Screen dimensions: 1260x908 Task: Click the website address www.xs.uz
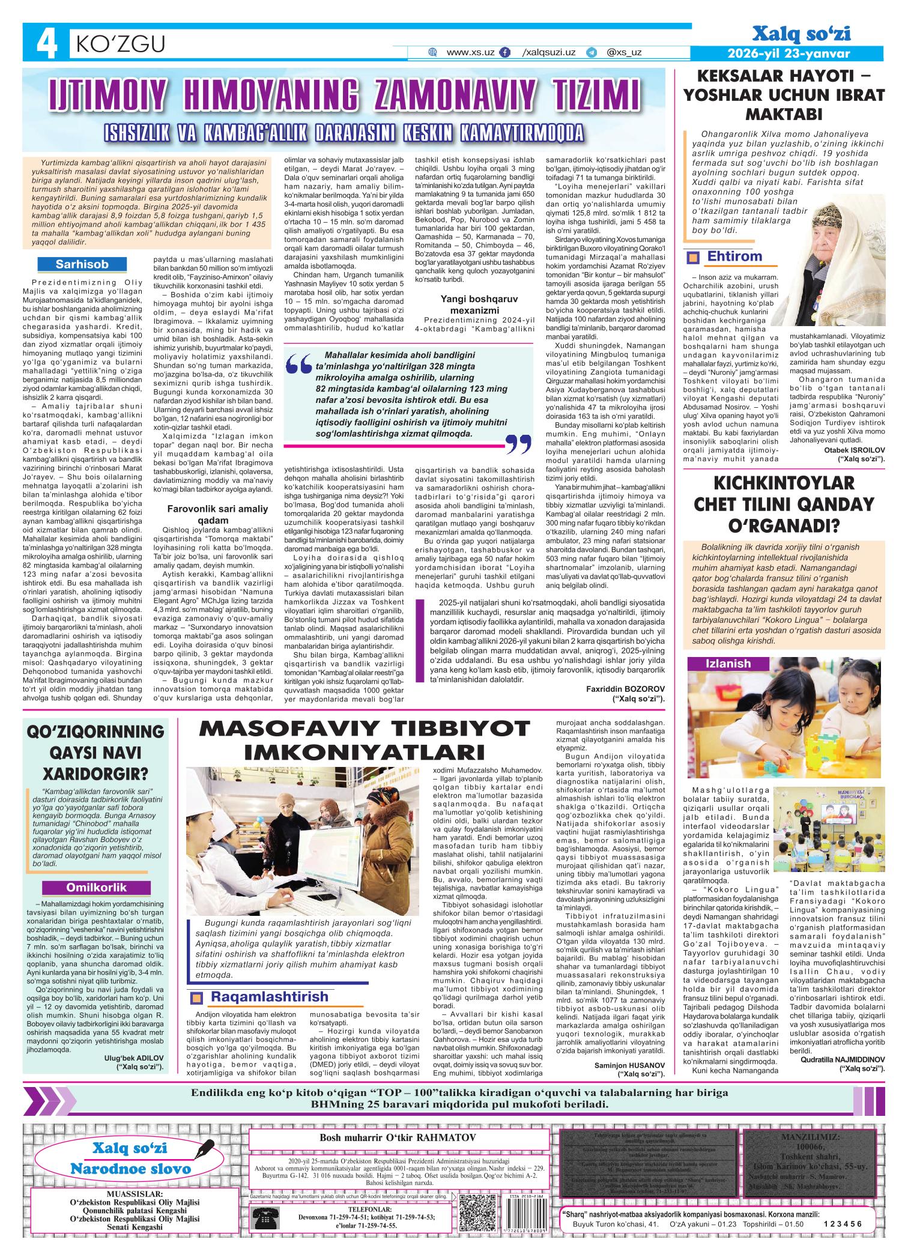470,53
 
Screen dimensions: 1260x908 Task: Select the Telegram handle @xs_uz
624,53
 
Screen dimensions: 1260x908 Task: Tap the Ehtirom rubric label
734,256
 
